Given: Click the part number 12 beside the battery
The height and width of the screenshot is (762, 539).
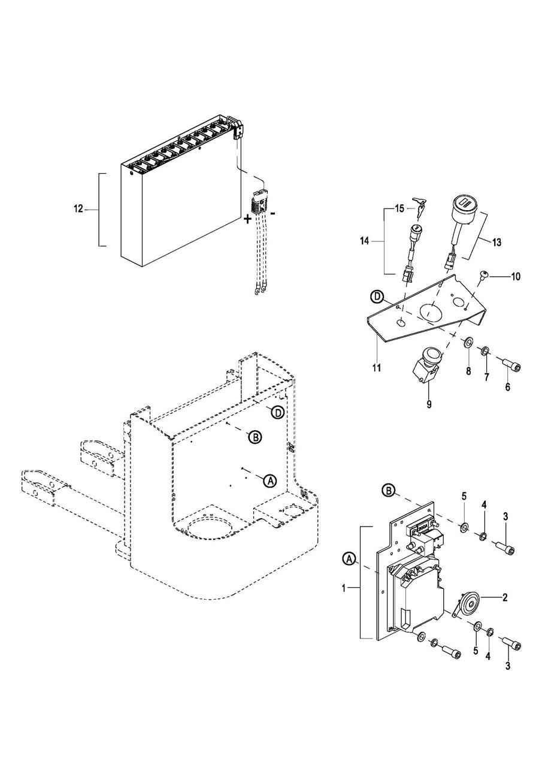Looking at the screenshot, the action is coord(78,209).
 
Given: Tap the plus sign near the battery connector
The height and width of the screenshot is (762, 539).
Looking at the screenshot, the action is coord(247,219).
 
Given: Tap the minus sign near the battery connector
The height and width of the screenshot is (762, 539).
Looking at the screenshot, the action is coord(272,213).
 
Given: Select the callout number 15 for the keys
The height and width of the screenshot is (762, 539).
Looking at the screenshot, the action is coord(400,208).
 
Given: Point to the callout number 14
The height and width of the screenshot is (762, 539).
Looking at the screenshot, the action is coord(364,241).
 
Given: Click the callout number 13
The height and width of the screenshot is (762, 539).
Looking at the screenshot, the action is coord(496,243).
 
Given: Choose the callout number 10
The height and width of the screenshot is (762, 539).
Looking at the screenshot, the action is coord(516,277).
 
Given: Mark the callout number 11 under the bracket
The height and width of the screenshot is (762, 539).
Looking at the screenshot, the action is coord(377,368).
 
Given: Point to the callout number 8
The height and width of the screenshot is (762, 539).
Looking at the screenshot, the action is coord(468,371).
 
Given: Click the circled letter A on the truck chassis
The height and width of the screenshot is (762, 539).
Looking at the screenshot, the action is coord(270,480).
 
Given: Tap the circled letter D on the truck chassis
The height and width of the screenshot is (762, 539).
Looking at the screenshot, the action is coord(278,413).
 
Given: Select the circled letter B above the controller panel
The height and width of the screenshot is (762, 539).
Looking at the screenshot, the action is coord(388,491).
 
